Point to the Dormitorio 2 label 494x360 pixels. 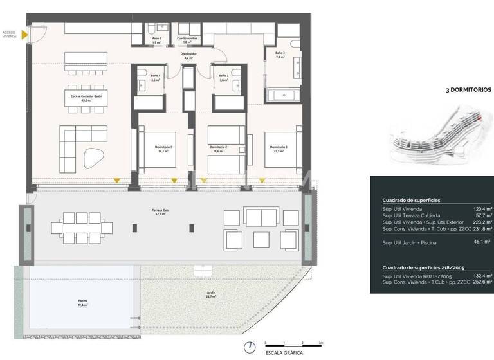pyautogui.click(x=219, y=148)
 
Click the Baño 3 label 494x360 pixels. pyautogui.click(x=280, y=55)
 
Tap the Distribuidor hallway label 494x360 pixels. pyautogui.click(x=188, y=56)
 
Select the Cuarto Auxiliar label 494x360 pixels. pyautogui.click(x=188, y=40)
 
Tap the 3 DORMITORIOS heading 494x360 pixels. pyautogui.click(x=468, y=91)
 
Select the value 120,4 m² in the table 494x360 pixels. pyautogui.click(x=482, y=209)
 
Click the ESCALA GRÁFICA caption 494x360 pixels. pyautogui.click(x=284, y=353)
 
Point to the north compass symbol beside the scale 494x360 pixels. pyautogui.click(x=248, y=346)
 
